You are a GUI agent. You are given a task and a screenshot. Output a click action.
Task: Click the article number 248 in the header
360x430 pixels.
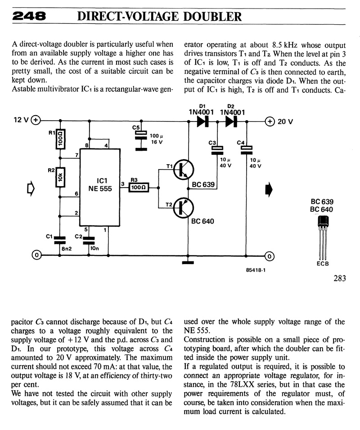point(29,16)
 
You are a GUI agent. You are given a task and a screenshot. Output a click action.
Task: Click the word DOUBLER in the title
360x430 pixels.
point(212,17)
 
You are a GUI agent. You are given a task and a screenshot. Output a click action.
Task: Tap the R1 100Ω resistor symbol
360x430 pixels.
point(60,139)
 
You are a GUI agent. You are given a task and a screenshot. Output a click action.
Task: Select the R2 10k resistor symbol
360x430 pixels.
point(60,177)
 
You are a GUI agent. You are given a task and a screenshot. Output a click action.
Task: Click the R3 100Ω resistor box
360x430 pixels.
point(139,188)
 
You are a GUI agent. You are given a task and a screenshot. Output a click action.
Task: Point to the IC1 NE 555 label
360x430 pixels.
point(100,184)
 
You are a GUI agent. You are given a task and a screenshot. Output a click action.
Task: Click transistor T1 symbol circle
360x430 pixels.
point(183,170)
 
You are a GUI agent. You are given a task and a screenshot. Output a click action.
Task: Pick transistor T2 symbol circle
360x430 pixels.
point(183,208)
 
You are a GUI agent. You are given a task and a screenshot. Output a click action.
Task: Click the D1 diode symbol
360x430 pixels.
point(203,121)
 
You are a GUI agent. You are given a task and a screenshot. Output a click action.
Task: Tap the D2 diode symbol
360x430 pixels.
point(231,121)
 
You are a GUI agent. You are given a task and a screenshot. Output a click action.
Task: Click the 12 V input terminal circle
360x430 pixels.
point(36,120)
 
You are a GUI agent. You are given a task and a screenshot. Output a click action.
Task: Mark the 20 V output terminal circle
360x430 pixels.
point(270,121)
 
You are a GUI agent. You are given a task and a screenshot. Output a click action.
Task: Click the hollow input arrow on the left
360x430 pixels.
point(31,188)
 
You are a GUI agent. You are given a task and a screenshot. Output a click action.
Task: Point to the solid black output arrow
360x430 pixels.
point(269,189)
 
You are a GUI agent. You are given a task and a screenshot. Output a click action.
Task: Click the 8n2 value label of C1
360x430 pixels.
point(67,249)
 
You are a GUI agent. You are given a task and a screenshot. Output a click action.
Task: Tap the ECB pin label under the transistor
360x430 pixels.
point(323,264)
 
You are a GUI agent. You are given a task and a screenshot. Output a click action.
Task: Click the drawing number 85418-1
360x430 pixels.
point(256,270)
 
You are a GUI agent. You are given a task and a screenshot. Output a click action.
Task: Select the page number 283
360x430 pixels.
point(340,278)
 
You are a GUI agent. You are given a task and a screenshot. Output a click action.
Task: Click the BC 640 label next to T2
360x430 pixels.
point(202,221)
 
